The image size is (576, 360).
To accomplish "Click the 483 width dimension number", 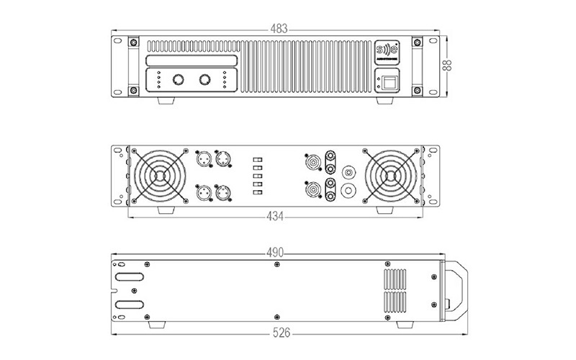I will pos(278,30).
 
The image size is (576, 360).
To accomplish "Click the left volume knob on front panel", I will pos(176,79).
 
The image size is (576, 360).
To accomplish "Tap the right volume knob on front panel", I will pos(206,79).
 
